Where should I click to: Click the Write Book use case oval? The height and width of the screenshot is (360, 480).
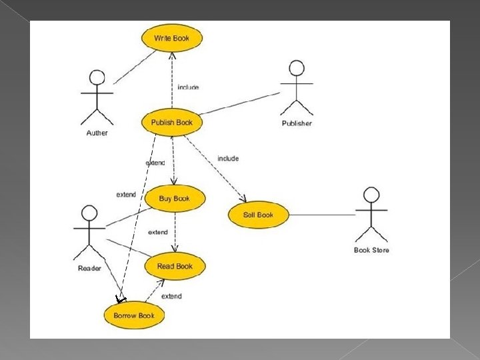(x=171, y=38)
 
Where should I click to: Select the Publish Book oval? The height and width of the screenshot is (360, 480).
(x=171, y=122)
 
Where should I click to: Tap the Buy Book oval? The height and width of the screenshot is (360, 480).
(x=174, y=198)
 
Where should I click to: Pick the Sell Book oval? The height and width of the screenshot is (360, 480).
(x=258, y=215)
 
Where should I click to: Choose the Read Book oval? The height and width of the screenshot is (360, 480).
(x=175, y=266)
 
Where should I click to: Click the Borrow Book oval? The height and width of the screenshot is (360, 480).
(x=134, y=315)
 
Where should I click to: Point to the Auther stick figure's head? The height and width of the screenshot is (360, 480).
(x=97, y=77)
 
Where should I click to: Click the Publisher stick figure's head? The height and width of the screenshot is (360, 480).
(x=297, y=69)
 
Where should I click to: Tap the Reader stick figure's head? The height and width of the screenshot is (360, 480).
(x=89, y=213)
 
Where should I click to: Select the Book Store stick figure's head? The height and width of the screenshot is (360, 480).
(x=371, y=195)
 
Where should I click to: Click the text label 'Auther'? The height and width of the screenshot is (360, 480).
(x=97, y=133)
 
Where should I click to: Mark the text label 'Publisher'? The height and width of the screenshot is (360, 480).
(x=297, y=123)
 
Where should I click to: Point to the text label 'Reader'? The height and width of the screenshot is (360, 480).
(x=89, y=269)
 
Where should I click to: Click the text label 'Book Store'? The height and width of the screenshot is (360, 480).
(x=371, y=250)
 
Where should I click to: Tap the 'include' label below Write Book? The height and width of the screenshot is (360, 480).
(x=188, y=87)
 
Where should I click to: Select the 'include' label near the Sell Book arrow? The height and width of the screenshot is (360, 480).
(x=228, y=159)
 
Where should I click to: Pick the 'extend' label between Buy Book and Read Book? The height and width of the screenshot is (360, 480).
(x=158, y=232)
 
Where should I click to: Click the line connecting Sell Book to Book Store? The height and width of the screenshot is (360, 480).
(x=313, y=215)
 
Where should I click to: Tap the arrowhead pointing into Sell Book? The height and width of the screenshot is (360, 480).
(x=243, y=199)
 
